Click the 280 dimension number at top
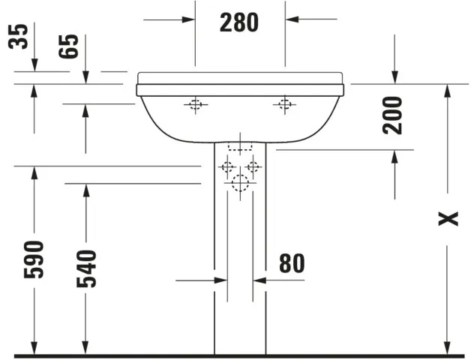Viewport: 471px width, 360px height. tap(238, 22)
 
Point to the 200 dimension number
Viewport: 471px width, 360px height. tap(393, 115)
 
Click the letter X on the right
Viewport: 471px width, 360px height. tap(448, 218)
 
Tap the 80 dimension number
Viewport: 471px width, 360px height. tap(291, 263)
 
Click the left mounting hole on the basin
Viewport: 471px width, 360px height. tap(195, 105)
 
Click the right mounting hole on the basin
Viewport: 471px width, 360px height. tap(284, 105)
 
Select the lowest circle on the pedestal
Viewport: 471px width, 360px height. tap(239, 182)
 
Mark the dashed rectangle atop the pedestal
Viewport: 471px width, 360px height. tap(239, 144)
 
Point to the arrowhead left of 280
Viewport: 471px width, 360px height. tap(187, 19)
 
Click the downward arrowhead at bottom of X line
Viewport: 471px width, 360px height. tap(448, 346)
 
